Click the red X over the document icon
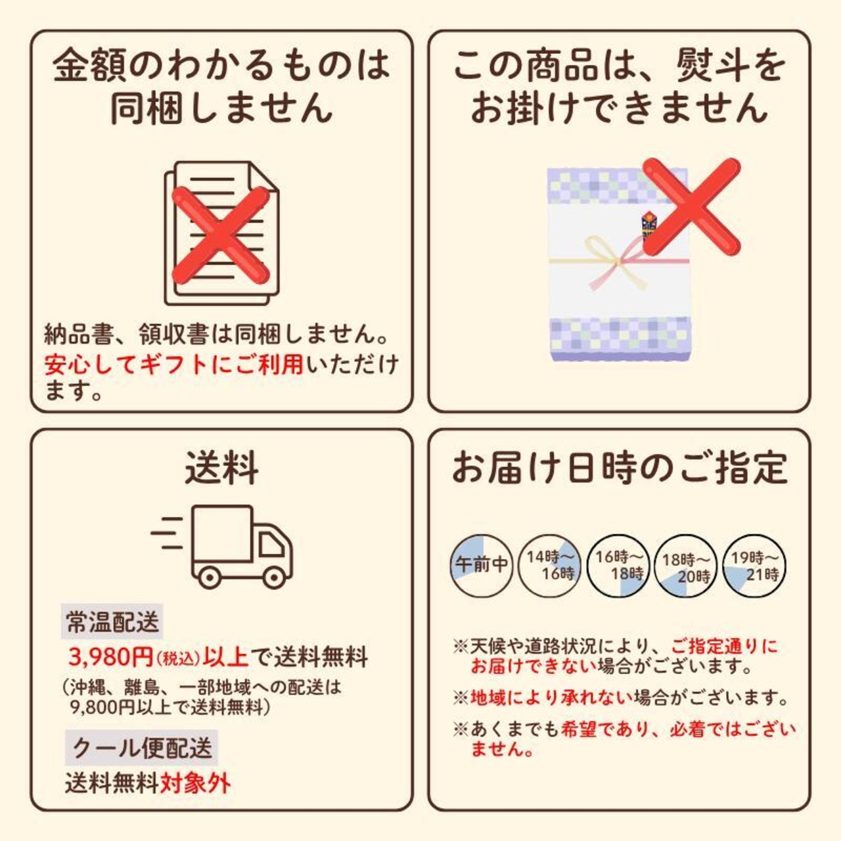tap(221, 235)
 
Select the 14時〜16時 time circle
tap(549, 566)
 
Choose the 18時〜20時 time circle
tap(686, 566)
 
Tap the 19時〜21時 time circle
tap(754, 566)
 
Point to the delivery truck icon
tap(222, 546)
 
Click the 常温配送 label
tap(112, 621)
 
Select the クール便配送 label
tap(141, 748)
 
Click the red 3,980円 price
tap(111, 657)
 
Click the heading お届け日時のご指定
tap(620, 468)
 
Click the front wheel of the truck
tap(273, 578)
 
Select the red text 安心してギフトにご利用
tap(174, 365)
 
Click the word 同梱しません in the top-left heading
tap(221, 107)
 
